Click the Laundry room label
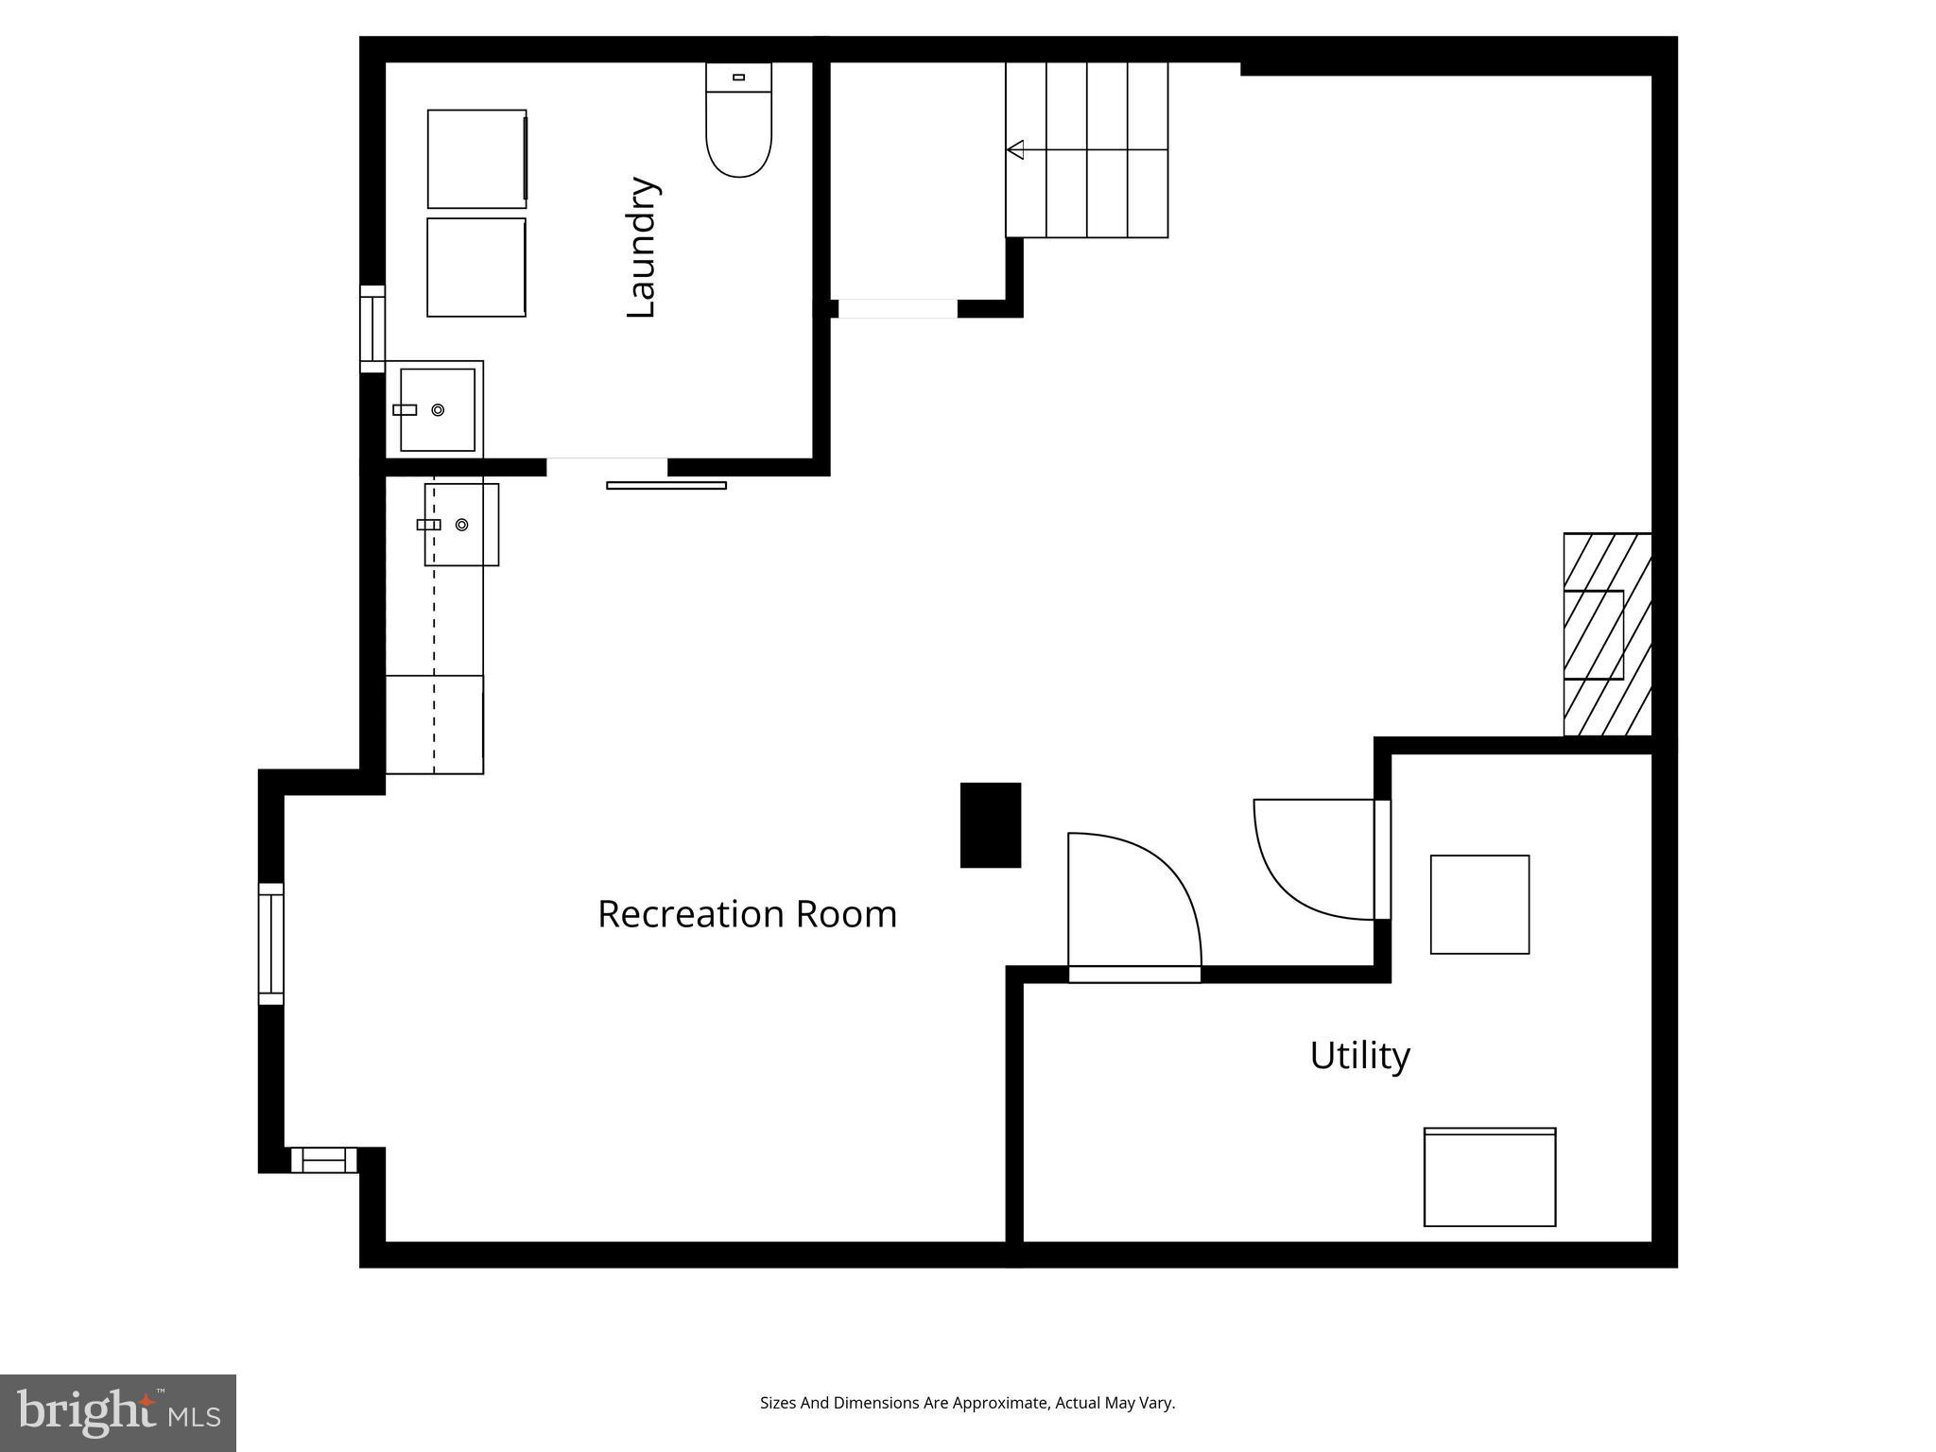tap(643, 248)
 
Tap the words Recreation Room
tap(747, 914)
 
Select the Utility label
tap(1359, 1055)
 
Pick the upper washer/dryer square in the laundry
tap(476, 159)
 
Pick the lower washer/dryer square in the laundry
tap(476, 268)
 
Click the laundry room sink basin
tap(437, 410)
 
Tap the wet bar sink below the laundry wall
tap(461, 525)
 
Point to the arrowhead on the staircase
tap(1015, 149)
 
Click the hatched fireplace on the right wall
tap(1607, 634)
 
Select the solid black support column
tap(991, 824)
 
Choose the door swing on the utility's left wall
tap(1314, 860)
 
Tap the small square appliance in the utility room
tap(1479, 905)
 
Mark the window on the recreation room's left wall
tap(271, 943)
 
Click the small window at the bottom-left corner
tap(323, 1160)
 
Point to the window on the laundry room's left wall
tap(372, 328)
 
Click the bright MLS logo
tap(118, 1413)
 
